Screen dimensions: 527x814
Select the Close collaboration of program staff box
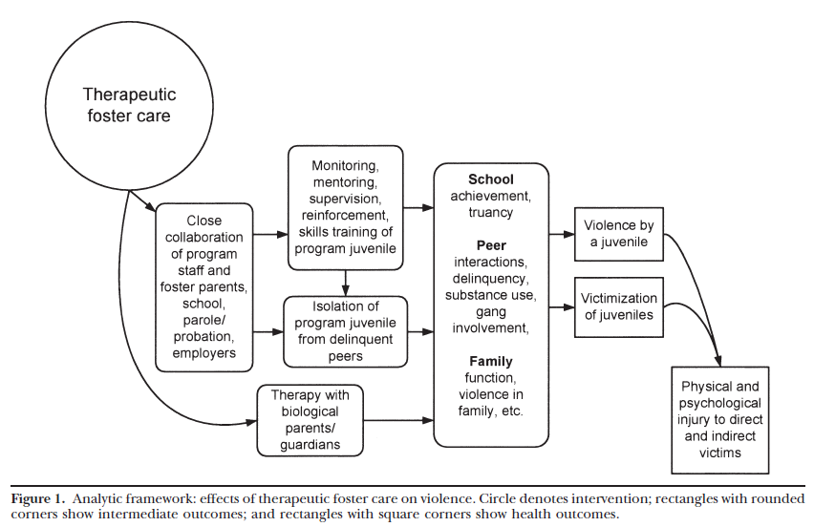pos(203,287)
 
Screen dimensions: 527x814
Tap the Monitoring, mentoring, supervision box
pos(345,207)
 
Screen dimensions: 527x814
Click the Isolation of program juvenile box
pos(345,331)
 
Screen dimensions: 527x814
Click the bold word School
pos(490,179)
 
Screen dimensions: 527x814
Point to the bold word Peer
pos(490,245)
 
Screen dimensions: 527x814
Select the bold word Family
pos(490,361)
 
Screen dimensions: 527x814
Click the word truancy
pos(490,213)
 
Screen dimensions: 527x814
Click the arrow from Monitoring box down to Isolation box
pos(345,284)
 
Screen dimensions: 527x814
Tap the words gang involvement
pos(490,321)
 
